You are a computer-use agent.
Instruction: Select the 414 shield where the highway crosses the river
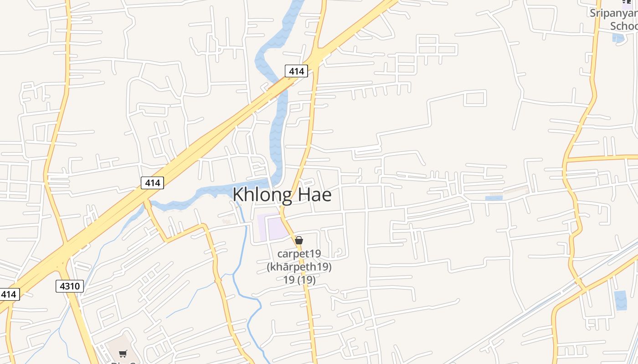296,71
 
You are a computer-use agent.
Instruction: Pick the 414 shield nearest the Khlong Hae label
152,183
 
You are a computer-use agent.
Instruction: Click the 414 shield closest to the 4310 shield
8,294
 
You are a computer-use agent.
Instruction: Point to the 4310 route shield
70,286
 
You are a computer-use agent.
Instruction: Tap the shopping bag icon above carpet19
299,240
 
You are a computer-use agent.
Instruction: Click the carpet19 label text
299,253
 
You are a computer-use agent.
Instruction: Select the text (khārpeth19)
299,267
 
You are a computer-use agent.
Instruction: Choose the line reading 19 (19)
299,279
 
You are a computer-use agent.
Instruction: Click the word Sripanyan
613,13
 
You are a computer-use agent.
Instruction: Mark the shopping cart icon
123,354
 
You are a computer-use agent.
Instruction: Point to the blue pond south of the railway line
620,300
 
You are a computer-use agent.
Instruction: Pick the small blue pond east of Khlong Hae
494,198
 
